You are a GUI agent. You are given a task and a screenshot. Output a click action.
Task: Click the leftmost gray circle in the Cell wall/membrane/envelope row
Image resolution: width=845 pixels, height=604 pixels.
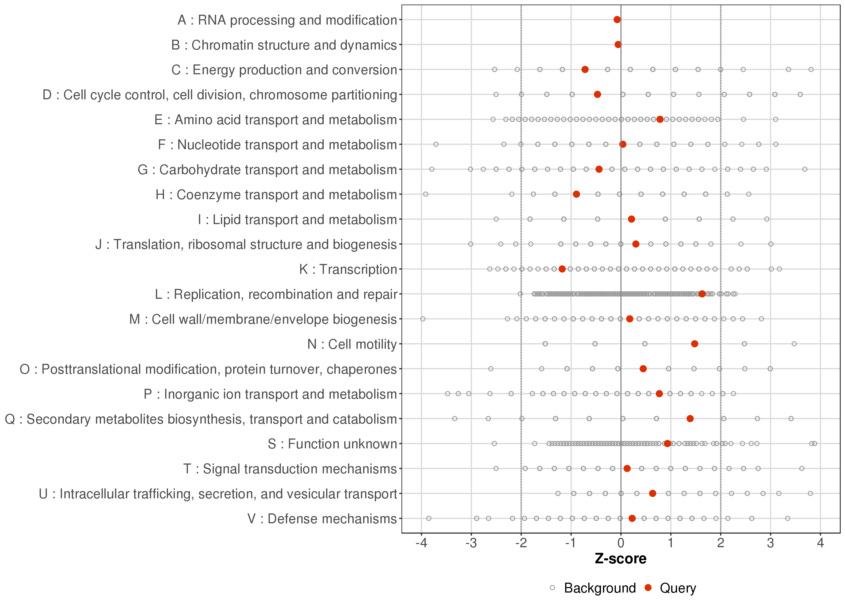point(422,319)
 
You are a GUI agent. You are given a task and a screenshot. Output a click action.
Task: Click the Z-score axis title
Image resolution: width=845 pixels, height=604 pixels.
point(620,559)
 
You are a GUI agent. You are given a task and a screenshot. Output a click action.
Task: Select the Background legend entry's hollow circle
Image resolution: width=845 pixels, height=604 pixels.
point(552,588)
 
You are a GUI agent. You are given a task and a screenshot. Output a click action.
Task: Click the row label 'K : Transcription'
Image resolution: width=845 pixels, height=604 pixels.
point(348,269)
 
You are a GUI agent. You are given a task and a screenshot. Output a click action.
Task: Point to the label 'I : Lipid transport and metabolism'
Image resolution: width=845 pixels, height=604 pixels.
point(297,219)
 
